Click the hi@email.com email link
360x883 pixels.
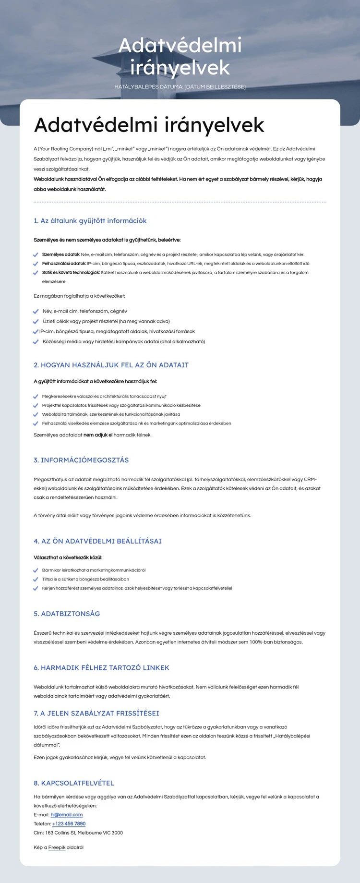coord(67,815)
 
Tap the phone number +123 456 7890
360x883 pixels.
coord(69,824)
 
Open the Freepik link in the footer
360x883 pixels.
coord(57,847)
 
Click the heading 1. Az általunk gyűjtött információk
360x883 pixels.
coord(90,221)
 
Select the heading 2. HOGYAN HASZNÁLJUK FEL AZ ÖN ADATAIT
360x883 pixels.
coord(111,365)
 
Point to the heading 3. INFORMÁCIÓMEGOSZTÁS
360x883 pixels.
coord(81,460)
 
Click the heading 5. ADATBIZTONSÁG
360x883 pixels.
coord(67,614)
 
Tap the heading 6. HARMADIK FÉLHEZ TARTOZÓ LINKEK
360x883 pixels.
coord(101,668)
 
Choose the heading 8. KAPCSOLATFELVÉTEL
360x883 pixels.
coord(74,783)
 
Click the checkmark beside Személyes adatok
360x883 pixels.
coord(36,255)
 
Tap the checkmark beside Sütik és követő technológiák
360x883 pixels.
coord(36,273)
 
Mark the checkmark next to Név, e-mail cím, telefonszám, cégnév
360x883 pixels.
coord(36,312)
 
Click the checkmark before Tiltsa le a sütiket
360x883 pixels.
coord(36,580)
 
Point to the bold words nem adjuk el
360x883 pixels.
coord(98,435)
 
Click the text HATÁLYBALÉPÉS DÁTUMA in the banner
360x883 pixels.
coord(148,87)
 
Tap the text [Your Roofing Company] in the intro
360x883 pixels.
coord(65,149)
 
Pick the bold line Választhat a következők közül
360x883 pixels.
coord(68,558)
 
